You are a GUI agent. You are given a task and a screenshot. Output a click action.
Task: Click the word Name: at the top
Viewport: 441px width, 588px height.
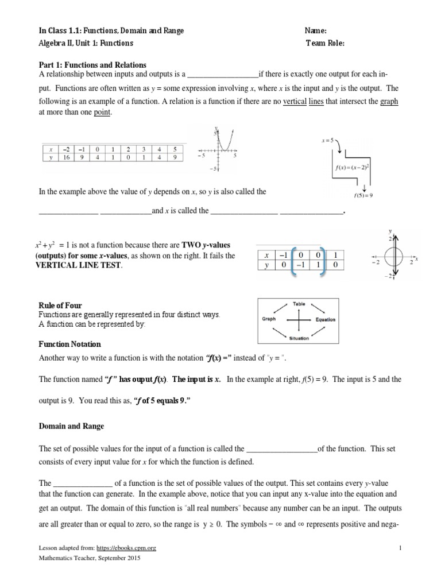[315, 31]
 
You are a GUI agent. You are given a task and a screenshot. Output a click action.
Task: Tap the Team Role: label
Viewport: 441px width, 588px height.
[326, 42]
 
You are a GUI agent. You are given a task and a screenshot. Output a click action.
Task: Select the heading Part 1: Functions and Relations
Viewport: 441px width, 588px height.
[92, 65]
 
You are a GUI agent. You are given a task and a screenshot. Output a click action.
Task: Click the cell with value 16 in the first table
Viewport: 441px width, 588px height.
[67, 156]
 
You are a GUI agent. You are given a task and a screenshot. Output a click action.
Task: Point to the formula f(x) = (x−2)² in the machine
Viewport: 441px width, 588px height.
[351, 168]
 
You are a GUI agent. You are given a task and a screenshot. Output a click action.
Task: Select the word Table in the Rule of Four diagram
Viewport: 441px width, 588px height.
[299, 303]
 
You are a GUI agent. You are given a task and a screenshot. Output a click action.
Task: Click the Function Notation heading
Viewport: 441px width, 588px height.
[69, 344]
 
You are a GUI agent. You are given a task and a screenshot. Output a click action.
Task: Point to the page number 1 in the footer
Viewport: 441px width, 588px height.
[400, 548]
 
